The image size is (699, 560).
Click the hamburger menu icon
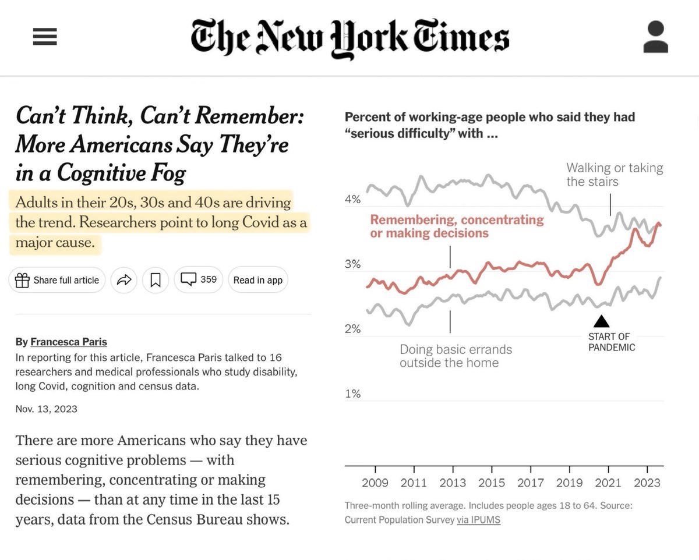pos(45,37)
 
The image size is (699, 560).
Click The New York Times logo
pos(349,38)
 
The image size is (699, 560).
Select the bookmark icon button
pos(156,280)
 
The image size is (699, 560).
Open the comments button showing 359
pos(199,280)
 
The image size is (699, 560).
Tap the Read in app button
pos(257,280)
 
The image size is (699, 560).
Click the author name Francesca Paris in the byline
pos(69,342)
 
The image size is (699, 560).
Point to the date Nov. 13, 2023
pos(47,409)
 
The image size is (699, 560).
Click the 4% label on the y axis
pos(353,200)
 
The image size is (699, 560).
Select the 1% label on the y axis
pos(353,394)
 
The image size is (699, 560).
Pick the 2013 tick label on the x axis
pos(453,483)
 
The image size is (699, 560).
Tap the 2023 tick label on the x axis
pos(647,483)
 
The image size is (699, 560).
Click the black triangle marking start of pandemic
pos(601,321)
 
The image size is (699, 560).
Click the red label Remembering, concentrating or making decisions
pos(457,226)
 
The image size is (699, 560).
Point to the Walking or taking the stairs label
pos(614,175)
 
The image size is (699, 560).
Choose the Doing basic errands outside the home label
pos(456,356)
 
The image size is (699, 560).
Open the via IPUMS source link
pos(478,520)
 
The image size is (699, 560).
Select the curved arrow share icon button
pos(124,280)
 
